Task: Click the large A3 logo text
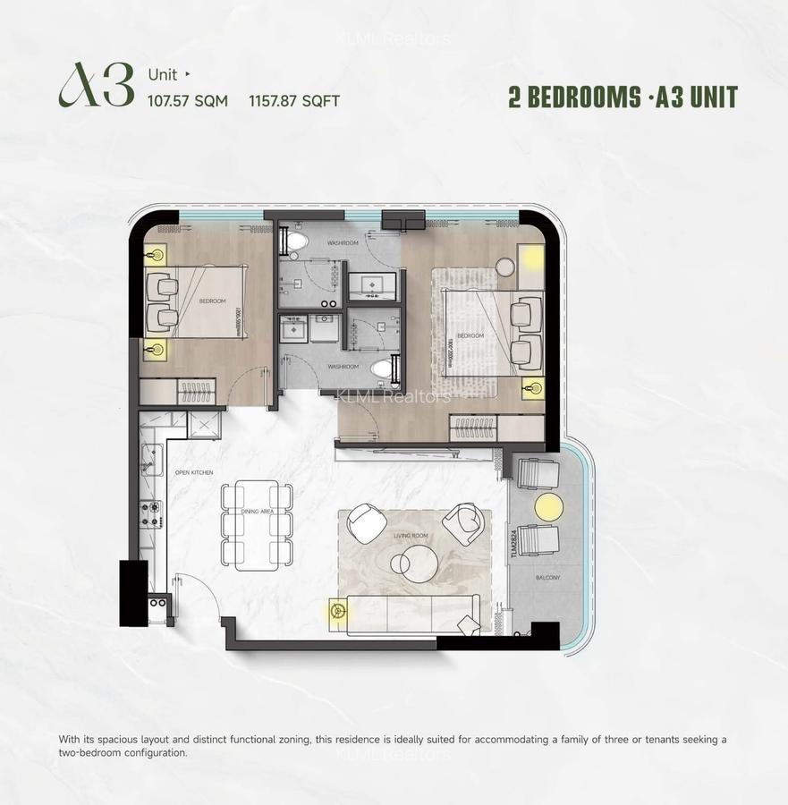pos(97,87)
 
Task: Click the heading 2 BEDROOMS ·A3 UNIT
pos(623,97)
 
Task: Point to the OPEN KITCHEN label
pos(194,472)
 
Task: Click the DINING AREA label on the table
pos(256,511)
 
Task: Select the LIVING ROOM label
pos(412,536)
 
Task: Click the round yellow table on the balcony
pos(548,507)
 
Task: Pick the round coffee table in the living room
pos(412,563)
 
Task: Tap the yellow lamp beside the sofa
pos(338,611)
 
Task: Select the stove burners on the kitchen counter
pos(150,513)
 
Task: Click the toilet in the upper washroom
pos(296,241)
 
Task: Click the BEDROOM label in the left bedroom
pos(213,301)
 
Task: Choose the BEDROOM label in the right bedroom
pos(470,336)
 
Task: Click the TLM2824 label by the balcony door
pos(514,542)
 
